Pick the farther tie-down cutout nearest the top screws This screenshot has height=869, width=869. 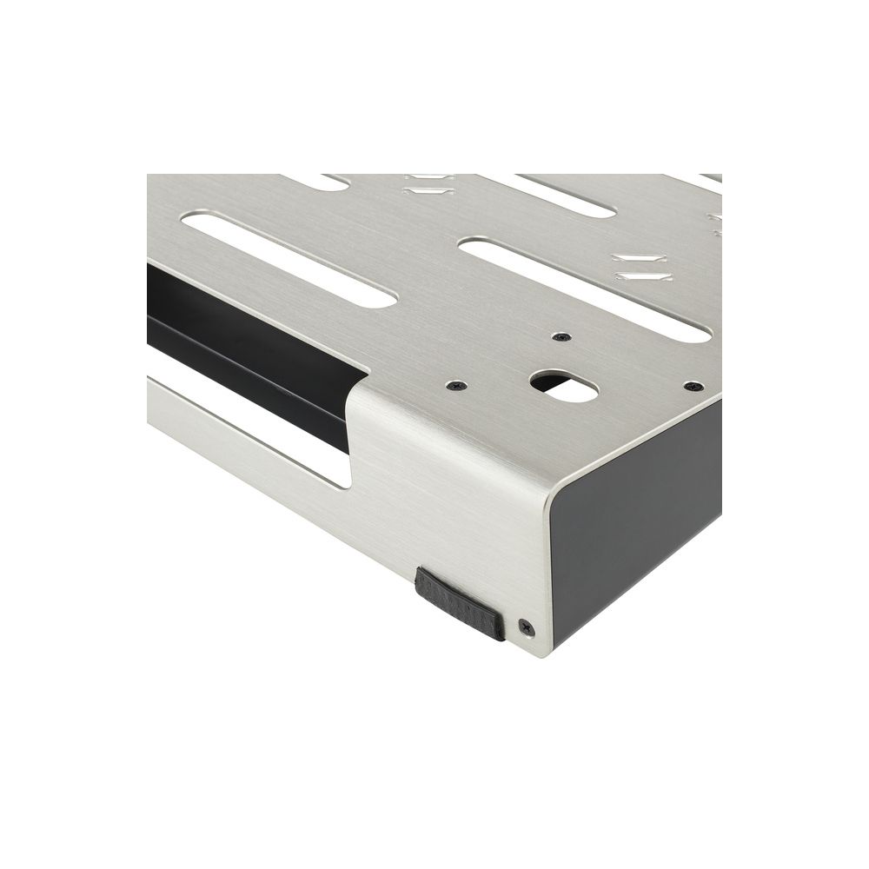[639, 258]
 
